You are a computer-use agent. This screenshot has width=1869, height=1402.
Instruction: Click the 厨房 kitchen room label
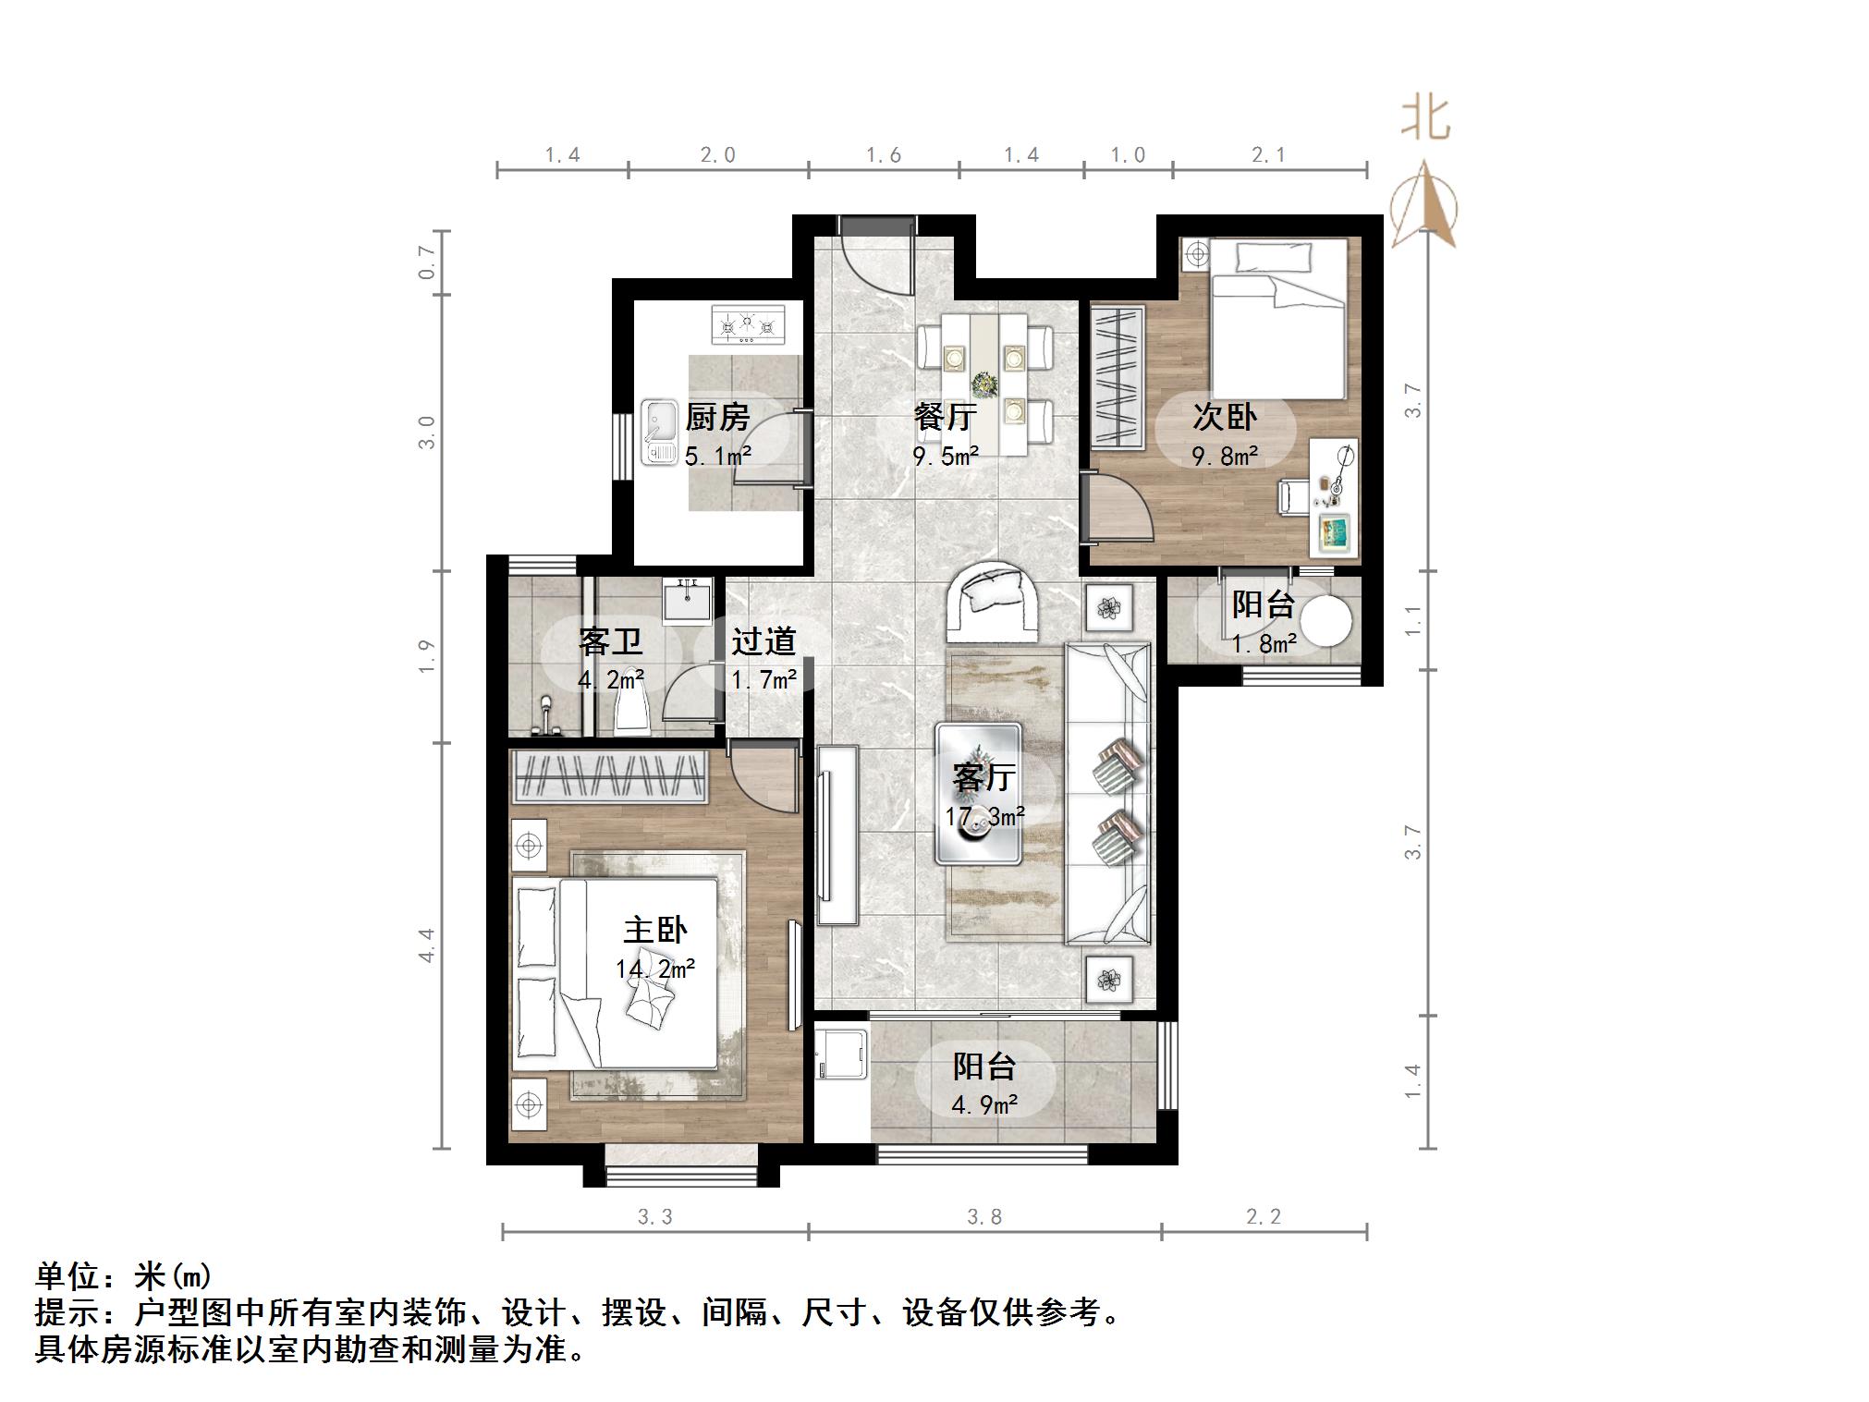(717, 418)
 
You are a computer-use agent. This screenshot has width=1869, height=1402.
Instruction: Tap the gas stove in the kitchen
(747, 324)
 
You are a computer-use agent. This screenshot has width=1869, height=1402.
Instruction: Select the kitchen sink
(660, 432)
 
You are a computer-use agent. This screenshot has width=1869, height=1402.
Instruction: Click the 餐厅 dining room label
(944, 417)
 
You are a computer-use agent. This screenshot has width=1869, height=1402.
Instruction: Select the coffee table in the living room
(978, 793)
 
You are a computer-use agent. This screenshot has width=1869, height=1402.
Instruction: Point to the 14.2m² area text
(655, 969)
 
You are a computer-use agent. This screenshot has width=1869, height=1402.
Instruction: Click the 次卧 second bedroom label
(1224, 417)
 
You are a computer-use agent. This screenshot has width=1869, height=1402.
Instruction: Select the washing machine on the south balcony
(841, 1049)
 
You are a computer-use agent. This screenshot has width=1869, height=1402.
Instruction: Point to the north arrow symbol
(1423, 205)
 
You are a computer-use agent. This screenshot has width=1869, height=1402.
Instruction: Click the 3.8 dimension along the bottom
(984, 1217)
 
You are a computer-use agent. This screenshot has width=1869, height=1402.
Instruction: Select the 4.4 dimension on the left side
(426, 945)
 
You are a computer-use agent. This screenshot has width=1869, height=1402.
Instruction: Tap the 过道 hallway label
(763, 641)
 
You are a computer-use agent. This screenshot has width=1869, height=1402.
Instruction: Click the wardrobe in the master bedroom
(610, 776)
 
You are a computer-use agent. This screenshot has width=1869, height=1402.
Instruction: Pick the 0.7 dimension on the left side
(426, 262)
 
